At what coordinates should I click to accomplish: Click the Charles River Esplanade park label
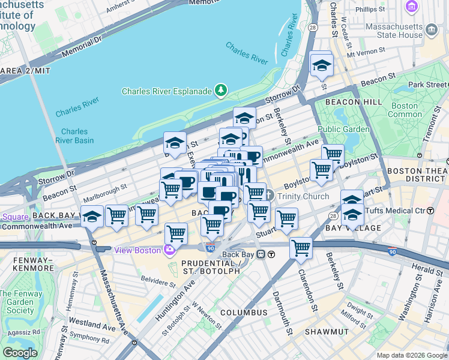[167, 91]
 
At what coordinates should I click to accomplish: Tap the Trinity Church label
[303, 196]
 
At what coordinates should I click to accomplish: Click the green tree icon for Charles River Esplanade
[222, 91]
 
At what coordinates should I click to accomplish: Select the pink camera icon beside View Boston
[170, 250]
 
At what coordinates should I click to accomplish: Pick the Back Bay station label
[238, 254]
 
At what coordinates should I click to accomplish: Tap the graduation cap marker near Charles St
[322, 66]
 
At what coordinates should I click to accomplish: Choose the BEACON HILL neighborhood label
[354, 102]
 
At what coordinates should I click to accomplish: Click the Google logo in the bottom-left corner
[20, 353]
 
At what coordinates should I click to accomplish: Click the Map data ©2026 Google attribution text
[411, 355]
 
